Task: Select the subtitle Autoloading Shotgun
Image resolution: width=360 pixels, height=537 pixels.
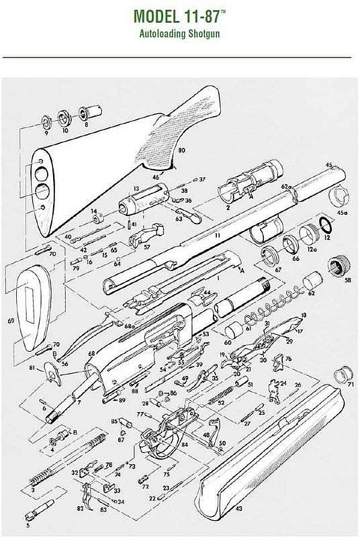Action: [180, 33]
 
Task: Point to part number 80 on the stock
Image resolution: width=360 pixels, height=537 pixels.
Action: [181, 153]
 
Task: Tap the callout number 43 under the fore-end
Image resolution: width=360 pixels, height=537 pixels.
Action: [238, 509]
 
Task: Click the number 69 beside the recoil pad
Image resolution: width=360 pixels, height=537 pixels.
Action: [11, 322]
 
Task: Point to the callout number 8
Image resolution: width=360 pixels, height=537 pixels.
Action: [86, 124]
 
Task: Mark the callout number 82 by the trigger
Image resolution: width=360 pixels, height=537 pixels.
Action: [81, 509]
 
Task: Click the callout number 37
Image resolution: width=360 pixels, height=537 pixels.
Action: [201, 179]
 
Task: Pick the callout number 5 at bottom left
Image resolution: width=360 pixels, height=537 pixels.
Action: [28, 526]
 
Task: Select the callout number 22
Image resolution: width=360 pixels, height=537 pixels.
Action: [151, 499]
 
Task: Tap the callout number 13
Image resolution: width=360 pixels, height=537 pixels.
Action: [136, 189]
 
